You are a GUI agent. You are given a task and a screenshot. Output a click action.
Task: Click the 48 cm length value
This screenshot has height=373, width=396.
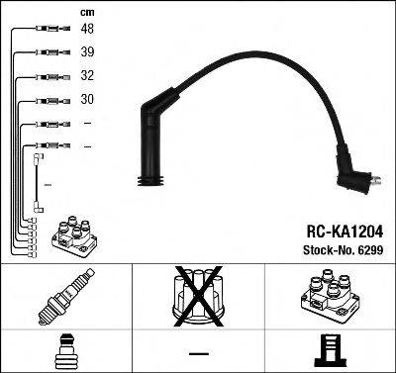tap(87, 30)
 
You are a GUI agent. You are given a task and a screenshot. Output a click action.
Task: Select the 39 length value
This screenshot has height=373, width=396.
tap(87, 53)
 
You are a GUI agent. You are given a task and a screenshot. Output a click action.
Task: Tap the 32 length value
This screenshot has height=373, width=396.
tap(87, 76)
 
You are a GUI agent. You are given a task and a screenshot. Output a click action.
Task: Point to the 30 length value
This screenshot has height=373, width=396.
tap(87, 100)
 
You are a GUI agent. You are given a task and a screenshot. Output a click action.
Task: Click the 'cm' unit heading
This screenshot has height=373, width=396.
tap(87, 12)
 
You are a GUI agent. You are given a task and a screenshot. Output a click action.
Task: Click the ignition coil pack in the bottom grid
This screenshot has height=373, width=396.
tap(331, 296)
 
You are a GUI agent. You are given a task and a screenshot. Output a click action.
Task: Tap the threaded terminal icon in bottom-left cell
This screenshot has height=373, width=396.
tap(65, 350)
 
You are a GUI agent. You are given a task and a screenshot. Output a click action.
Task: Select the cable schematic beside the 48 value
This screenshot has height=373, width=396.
tap(47, 30)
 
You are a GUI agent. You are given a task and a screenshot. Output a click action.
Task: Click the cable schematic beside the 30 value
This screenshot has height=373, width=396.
tap(47, 100)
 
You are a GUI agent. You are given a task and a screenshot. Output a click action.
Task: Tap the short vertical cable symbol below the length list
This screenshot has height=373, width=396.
tap(37, 183)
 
